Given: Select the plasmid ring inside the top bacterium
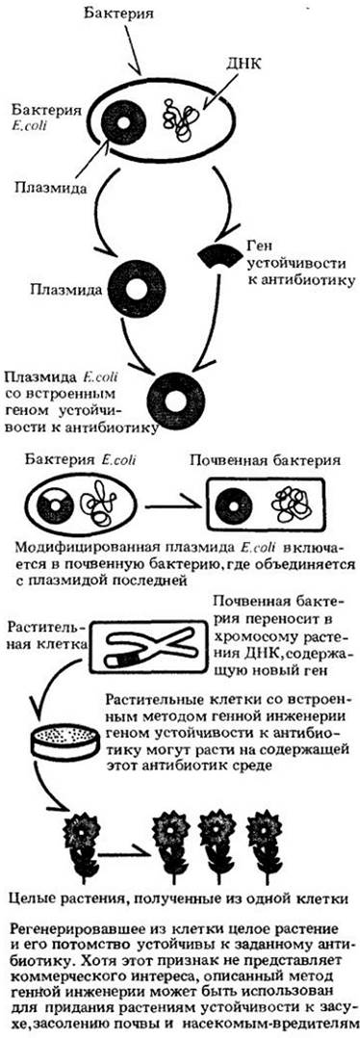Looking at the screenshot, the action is (x=124, y=122).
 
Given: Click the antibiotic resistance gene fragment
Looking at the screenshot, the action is (x=218, y=254).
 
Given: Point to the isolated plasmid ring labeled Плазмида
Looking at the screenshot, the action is (x=137, y=291).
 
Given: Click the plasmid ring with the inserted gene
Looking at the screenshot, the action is (x=177, y=400).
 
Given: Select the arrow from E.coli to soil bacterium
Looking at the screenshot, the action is (x=172, y=507).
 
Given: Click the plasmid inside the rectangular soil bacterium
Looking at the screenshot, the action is (x=238, y=506).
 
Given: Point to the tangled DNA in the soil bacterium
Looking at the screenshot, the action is (x=292, y=506).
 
